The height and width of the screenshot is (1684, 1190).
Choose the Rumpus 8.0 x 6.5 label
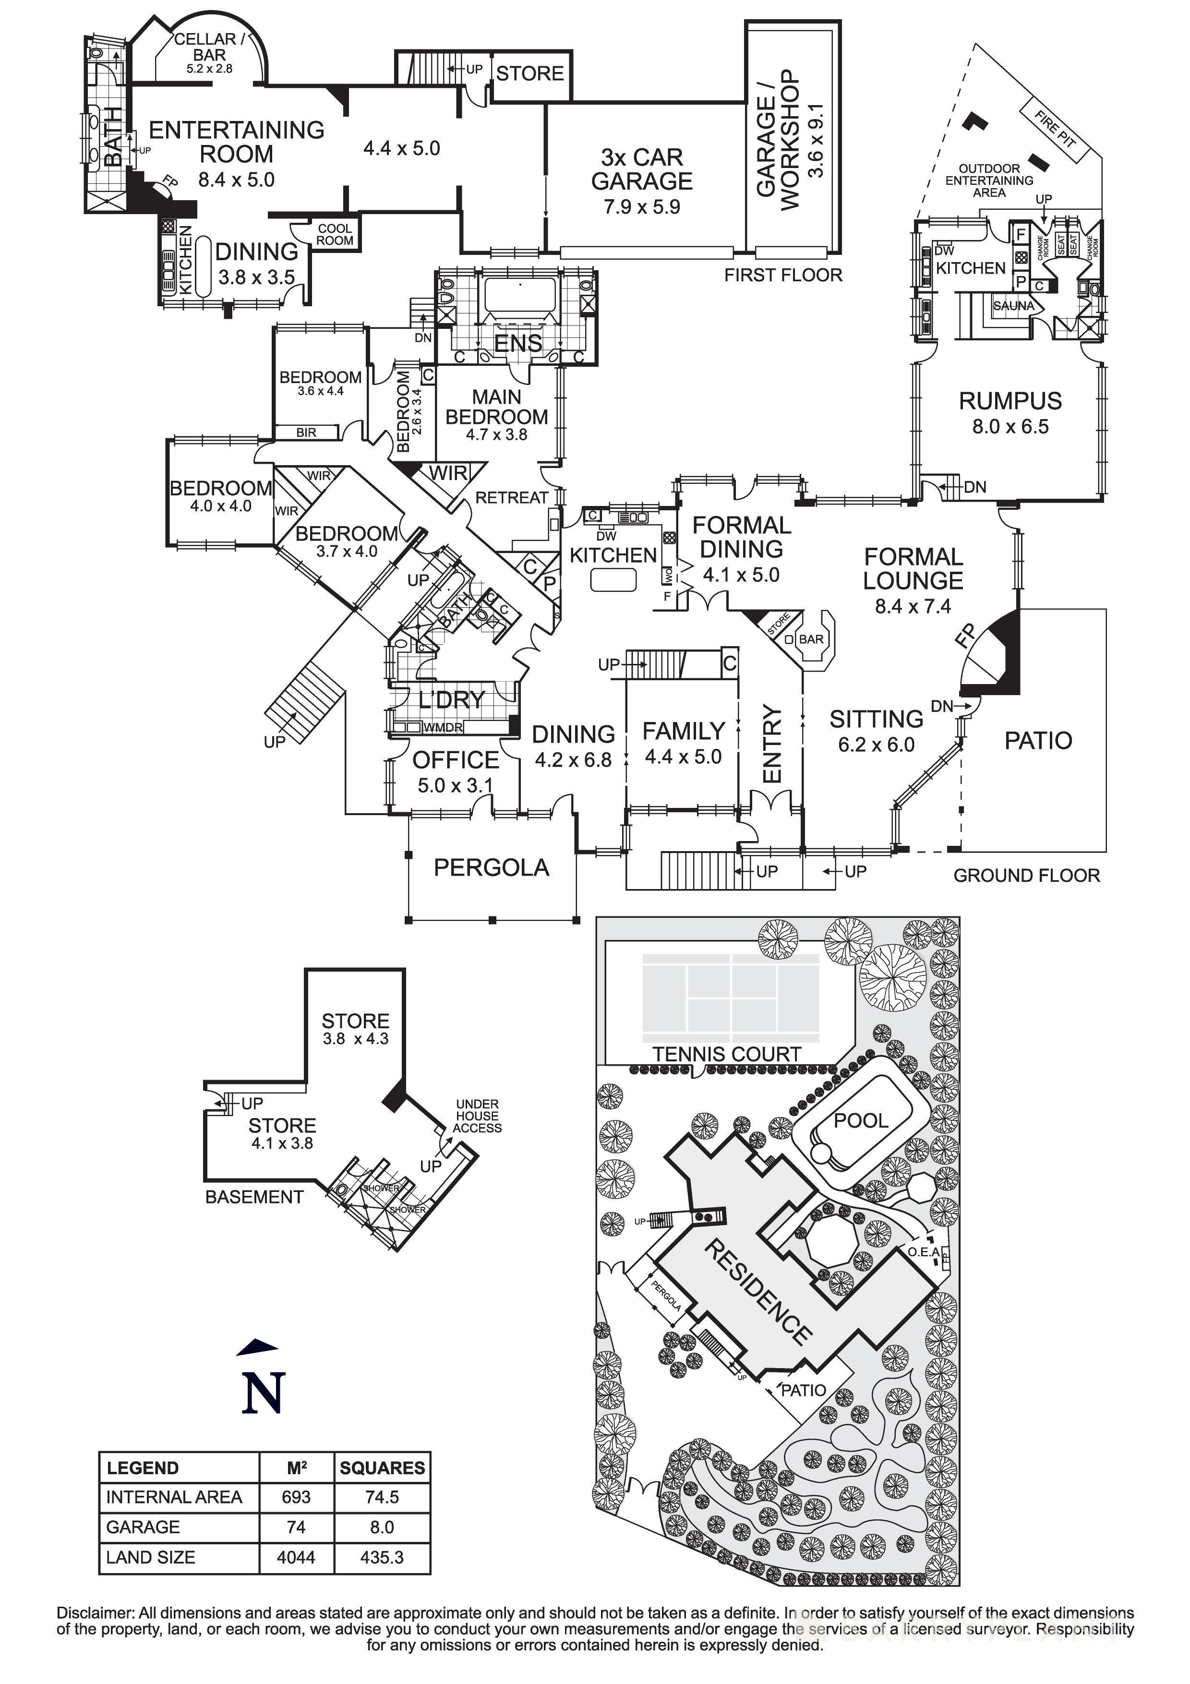[x=1010, y=412]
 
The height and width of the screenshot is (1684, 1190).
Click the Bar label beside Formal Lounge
[x=811, y=639]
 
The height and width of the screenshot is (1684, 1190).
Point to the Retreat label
[x=512, y=497]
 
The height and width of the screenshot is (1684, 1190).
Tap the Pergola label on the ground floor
[x=491, y=867]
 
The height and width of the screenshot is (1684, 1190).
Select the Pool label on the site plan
[x=861, y=1121]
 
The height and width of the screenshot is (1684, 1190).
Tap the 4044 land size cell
[x=296, y=1557]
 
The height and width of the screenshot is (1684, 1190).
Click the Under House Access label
[x=477, y=1116]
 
